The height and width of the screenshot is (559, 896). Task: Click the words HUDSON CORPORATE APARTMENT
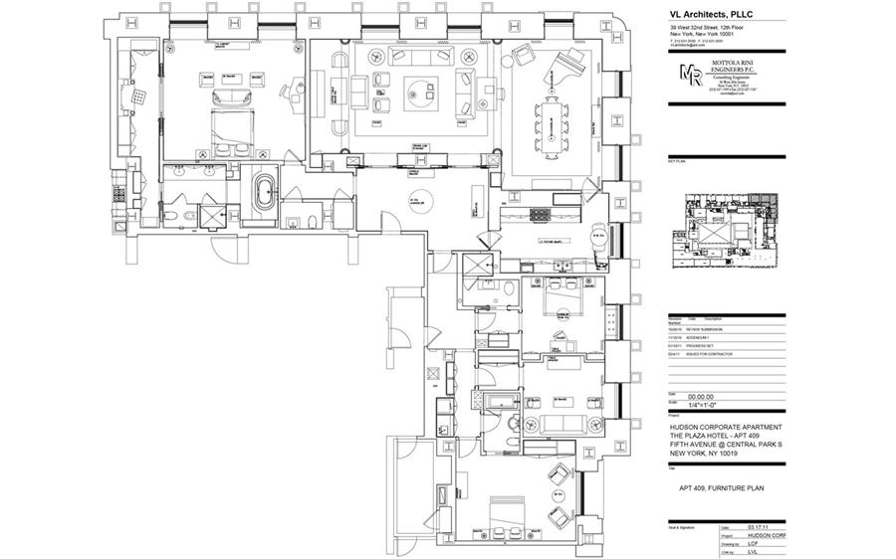(731, 427)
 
